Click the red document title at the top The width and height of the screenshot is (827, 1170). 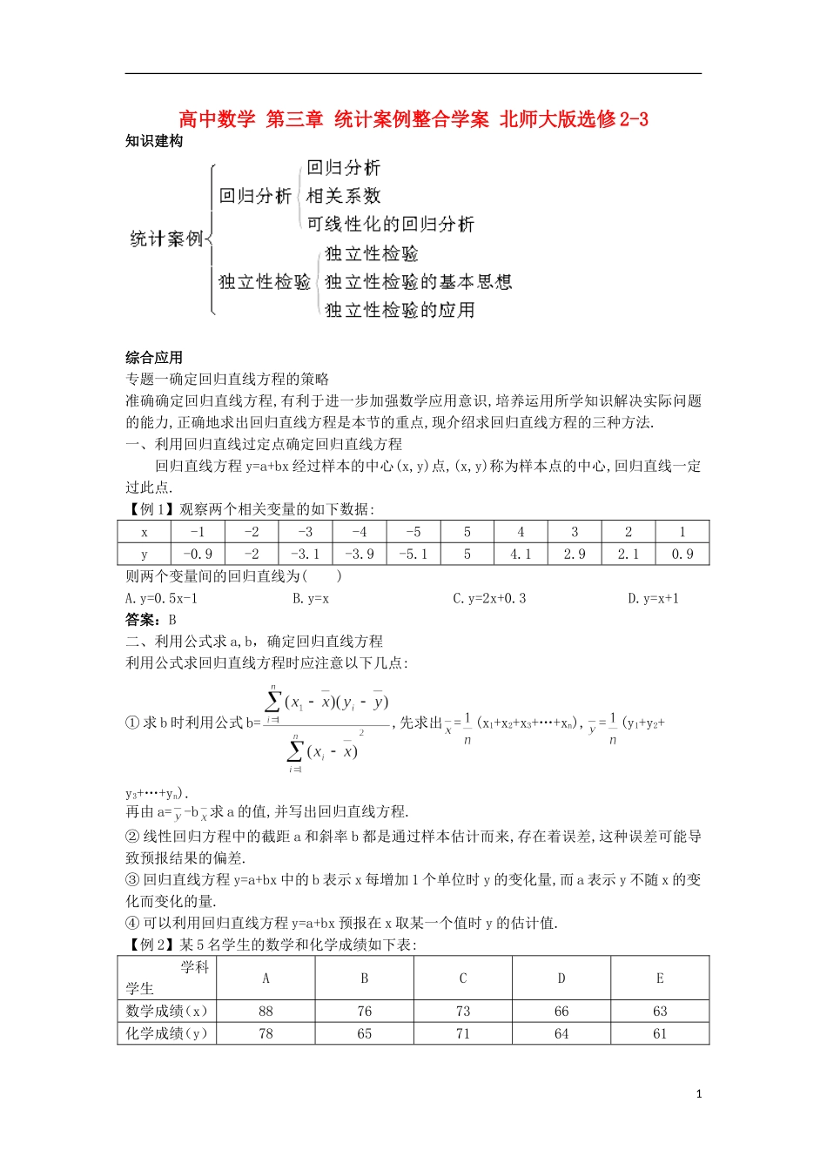click(413, 119)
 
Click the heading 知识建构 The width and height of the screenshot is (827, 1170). click(154, 141)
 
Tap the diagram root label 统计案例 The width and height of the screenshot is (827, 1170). click(166, 239)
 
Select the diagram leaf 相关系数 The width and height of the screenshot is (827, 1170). click(344, 196)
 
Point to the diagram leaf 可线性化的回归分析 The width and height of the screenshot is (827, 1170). click(391, 225)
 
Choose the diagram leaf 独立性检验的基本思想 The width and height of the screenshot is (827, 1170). click(419, 282)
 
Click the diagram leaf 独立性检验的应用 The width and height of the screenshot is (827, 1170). click(400, 310)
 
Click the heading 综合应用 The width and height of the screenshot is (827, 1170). click(154, 357)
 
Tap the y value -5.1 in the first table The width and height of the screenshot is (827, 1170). click(413, 555)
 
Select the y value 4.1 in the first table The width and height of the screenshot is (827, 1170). click(521, 555)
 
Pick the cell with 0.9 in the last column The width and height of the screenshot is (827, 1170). click(682, 555)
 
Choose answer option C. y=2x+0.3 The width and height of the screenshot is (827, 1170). click(489, 598)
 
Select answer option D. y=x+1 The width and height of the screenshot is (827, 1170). click(653, 598)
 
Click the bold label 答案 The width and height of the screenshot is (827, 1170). click(141, 620)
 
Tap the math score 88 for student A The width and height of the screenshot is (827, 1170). click(266, 1012)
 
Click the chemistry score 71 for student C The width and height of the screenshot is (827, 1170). click(463, 1034)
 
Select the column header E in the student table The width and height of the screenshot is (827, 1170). click(660, 978)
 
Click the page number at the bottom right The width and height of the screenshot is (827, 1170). click(699, 1094)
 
